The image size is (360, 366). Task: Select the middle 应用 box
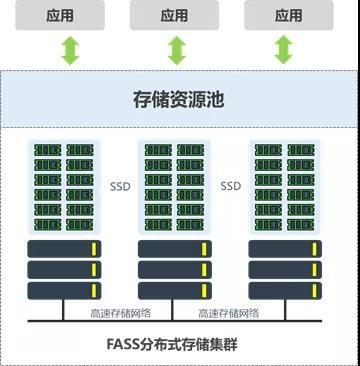(x=175, y=16)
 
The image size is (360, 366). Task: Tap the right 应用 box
(x=288, y=16)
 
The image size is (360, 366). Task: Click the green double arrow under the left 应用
(x=70, y=50)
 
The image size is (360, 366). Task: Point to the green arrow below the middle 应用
(x=177, y=50)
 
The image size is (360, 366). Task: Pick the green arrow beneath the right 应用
(x=284, y=50)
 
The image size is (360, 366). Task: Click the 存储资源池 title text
(x=179, y=100)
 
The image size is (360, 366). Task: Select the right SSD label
(x=231, y=185)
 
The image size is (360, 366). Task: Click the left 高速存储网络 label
(x=119, y=313)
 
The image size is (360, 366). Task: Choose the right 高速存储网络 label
(x=229, y=313)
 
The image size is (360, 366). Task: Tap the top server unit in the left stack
(x=64, y=249)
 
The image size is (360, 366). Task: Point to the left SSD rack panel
(x=64, y=187)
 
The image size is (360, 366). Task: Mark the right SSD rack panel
(x=285, y=187)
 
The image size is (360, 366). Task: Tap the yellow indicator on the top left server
(x=95, y=249)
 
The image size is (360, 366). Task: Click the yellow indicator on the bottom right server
(x=316, y=291)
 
